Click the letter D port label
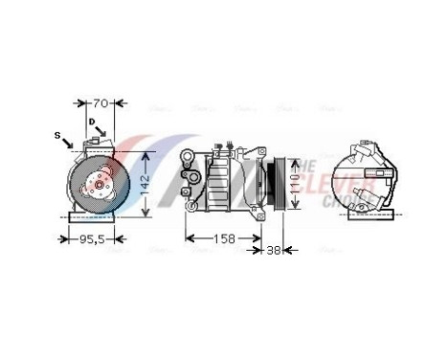pyautogui.click(x=93, y=123)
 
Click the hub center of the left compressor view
pyautogui.click(x=94, y=185)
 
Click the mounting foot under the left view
pyautogui.click(x=94, y=216)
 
